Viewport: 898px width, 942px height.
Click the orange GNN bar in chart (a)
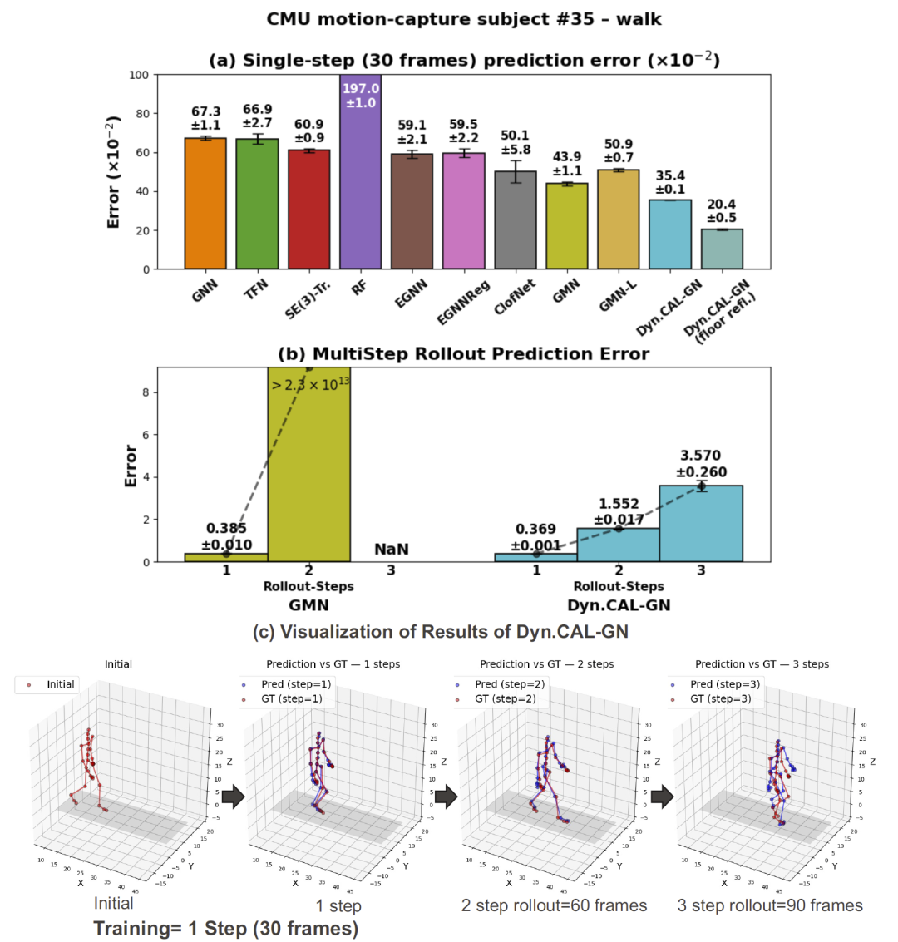pos(205,204)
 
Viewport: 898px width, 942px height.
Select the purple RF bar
pos(360,175)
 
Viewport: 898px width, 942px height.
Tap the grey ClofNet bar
pos(516,220)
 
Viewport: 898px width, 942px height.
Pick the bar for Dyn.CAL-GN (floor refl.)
pos(722,249)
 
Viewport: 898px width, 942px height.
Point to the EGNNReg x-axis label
pos(459,304)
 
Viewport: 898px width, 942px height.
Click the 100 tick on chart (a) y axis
pos(138,75)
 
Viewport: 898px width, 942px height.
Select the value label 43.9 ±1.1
pos(567,164)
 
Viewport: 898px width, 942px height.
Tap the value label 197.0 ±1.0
pos(360,96)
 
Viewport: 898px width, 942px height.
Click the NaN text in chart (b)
pos(391,549)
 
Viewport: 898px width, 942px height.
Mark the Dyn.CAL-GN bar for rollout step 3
pos(701,524)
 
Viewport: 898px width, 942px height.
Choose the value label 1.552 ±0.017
pos(619,511)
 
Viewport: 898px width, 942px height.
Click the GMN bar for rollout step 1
pos(226,557)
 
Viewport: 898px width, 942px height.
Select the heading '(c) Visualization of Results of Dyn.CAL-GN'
pos(441,632)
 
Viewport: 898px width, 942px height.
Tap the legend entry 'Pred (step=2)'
pos(509,684)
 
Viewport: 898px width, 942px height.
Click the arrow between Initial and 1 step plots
pos(234,797)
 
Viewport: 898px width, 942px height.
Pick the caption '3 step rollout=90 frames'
pos(770,905)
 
